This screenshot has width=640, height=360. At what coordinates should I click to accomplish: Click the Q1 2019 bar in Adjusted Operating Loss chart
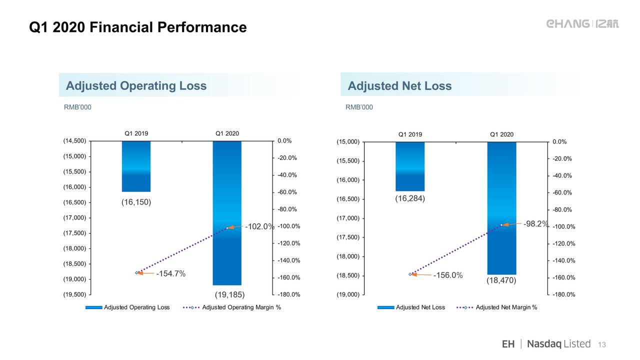pyautogui.click(x=136, y=166)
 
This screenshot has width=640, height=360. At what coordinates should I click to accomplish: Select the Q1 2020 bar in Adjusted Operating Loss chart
pyautogui.click(x=227, y=213)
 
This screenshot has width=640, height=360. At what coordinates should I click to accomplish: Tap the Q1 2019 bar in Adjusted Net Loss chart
pyautogui.click(x=410, y=166)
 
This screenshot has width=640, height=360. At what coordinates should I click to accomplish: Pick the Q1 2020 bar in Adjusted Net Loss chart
pyautogui.click(x=501, y=208)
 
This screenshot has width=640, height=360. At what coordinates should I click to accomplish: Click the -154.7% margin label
pyautogui.click(x=171, y=273)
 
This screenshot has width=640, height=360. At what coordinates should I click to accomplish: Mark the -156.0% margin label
pyautogui.click(x=448, y=275)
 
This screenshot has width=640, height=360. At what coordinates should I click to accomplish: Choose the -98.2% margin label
pyautogui.click(x=535, y=223)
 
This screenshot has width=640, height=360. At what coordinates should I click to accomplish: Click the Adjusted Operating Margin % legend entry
pyautogui.click(x=232, y=307)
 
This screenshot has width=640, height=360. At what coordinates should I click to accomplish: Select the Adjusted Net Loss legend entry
pyautogui.click(x=411, y=307)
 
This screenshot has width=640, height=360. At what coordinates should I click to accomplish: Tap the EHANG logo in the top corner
pyautogui.click(x=582, y=24)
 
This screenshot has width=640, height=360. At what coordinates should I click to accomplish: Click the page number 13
pyautogui.click(x=602, y=344)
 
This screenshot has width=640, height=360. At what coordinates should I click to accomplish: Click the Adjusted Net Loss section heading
pyautogui.click(x=399, y=85)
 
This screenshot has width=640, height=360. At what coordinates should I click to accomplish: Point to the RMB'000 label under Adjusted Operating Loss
pyautogui.click(x=77, y=107)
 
